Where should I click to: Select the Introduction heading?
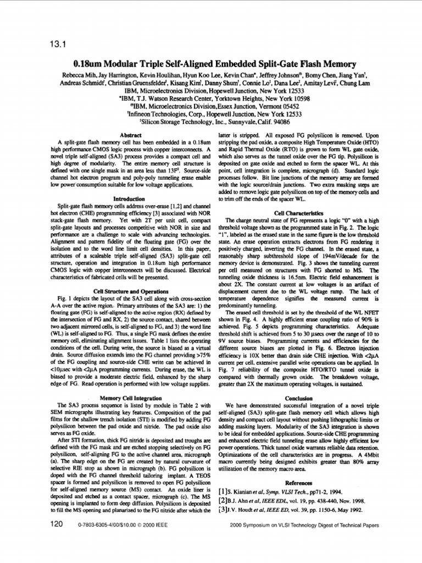[129, 198]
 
